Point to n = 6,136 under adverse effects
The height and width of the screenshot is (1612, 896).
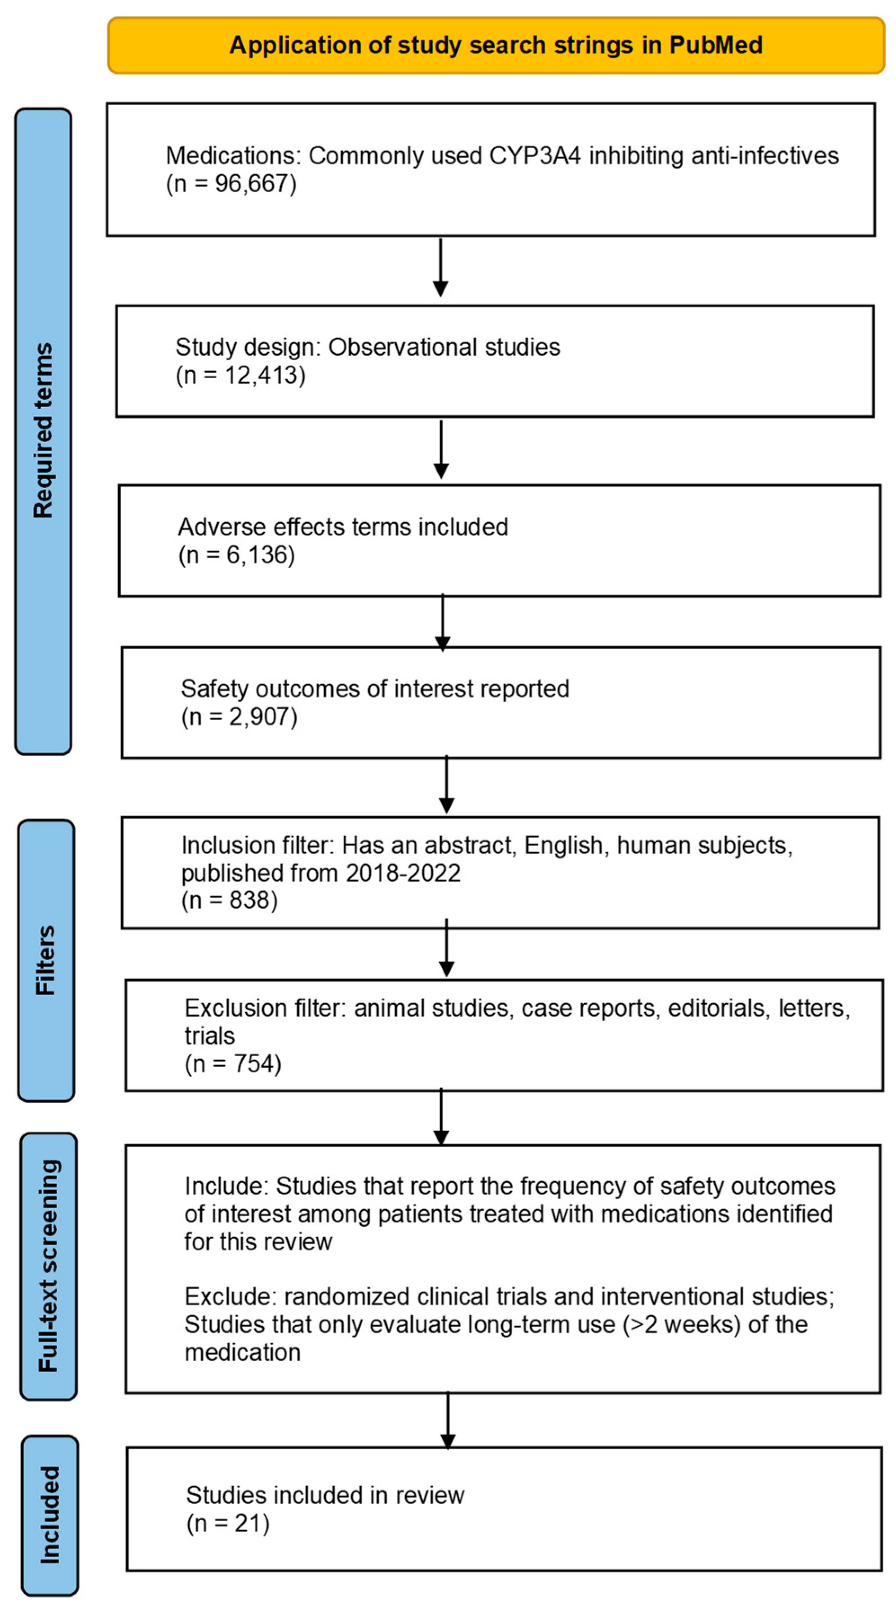(x=236, y=555)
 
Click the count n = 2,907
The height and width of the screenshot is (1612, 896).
(x=239, y=717)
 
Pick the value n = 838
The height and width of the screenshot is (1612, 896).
(x=229, y=900)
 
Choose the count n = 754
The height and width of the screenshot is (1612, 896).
(x=233, y=1064)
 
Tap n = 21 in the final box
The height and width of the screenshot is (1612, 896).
(x=228, y=1523)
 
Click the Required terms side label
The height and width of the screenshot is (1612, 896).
(x=43, y=430)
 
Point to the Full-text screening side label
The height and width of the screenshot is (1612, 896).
(x=48, y=1266)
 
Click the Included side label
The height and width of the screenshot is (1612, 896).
(x=49, y=1515)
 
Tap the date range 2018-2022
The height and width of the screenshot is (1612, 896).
(x=403, y=873)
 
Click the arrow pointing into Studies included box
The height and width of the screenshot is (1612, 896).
(x=448, y=1421)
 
